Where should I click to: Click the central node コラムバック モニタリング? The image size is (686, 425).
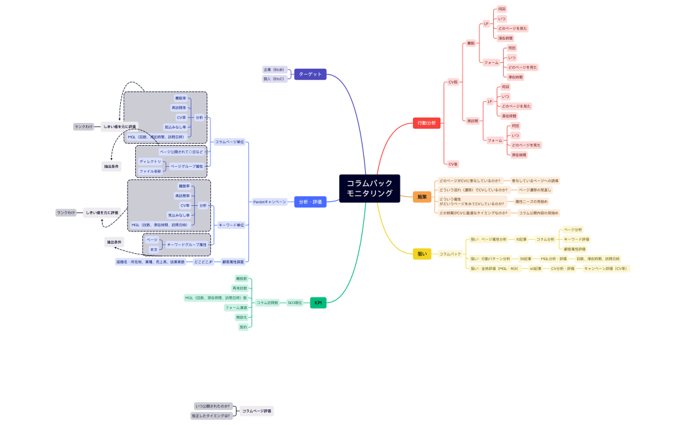click(x=370, y=188)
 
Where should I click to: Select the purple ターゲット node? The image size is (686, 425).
click(x=310, y=75)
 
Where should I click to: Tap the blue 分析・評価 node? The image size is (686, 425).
click(x=310, y=202)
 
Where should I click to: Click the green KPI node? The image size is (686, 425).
click(x=318, y=303)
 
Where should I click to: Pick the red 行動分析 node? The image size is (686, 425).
click(x=428, y=122)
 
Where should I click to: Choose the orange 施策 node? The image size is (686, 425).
click(x=422, y=197)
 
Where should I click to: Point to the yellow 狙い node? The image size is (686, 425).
click(x=422, y=254)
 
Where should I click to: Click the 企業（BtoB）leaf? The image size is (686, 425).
click(x=274, y=69)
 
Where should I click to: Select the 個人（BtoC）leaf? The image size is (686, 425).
click(x=274, y=78)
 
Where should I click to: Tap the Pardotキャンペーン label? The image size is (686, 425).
click(x=270, y=202)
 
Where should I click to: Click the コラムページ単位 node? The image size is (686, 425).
click(x=230, y=142)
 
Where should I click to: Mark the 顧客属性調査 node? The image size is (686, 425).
click(x=233, y=262)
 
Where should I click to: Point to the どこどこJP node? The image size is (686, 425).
click(x=204, y=262)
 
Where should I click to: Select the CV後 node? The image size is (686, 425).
click(x=452, y=163)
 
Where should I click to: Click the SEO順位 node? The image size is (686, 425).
click(x=295, y=303)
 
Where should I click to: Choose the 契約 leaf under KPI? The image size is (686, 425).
click(x=243, y=327)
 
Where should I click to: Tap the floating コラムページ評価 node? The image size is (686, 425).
click(x=256, y=411)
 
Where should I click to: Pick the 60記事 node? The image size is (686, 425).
click(x=534, y=268)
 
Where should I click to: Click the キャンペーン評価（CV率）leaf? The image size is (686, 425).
click(x=606, y=268)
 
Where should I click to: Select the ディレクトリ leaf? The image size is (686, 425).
click(x=150, y=161)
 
